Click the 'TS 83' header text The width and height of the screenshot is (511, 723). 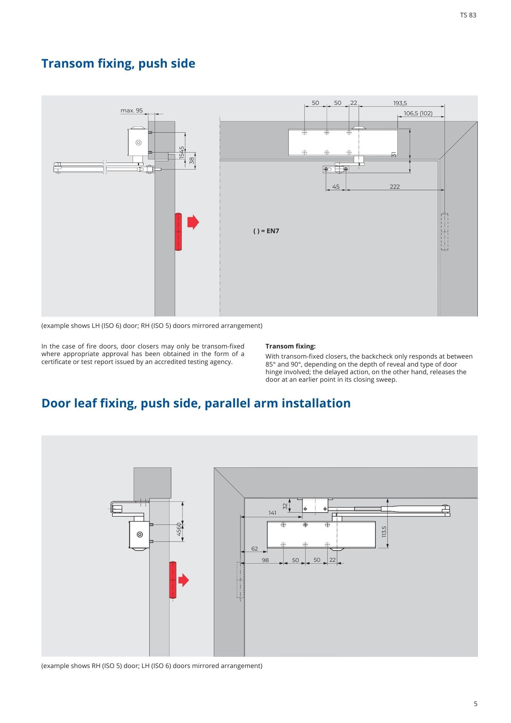468,15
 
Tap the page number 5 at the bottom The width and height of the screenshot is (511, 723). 476,704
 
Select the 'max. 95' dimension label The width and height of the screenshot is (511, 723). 132,110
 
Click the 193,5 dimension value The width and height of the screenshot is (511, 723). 400,103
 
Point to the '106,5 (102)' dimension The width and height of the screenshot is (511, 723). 418,113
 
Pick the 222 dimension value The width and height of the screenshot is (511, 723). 395,187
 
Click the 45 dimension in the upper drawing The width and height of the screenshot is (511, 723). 336,187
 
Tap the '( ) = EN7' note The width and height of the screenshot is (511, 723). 266,231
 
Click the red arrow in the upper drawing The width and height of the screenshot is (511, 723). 193,222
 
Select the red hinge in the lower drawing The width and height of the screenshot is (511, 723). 173,580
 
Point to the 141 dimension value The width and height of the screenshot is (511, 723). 272,513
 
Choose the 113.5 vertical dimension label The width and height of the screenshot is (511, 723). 384,531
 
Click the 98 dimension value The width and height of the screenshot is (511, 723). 265,560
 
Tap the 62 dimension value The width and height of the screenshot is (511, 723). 255,548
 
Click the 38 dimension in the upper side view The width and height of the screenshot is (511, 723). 192,160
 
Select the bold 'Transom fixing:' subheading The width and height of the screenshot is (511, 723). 291,346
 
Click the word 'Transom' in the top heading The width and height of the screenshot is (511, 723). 68,63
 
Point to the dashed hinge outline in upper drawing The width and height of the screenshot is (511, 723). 445,232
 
